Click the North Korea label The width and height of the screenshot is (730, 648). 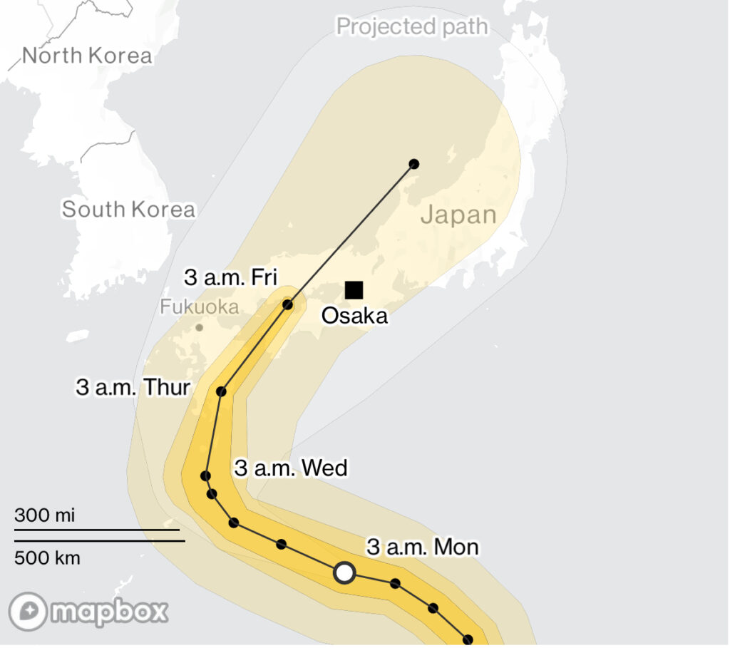tap(88, 56)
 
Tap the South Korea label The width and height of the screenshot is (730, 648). tap(128, 210)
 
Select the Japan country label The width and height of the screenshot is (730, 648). tap(458, 215)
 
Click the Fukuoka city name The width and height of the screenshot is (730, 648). tap(199, 307)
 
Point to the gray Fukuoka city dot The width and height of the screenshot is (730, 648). tap(199, 328)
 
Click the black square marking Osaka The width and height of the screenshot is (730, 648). tap(354, 289)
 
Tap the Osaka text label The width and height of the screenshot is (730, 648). tap(354, 316)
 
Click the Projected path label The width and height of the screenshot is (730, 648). tap(412, 27)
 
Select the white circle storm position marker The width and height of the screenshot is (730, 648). tap(344, 572)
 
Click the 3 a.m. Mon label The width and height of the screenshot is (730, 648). tap(422, 547)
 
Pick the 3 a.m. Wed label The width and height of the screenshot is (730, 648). tap(291, 468)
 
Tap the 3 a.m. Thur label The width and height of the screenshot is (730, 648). tap(133, 388)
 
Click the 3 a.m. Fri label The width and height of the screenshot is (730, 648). tap(230, 277)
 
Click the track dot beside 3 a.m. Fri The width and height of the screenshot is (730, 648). tap(288, 305)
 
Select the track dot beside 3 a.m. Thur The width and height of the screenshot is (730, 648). tap(221, 391)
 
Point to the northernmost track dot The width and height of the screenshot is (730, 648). tap(414, 164)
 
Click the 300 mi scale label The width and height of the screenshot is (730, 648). tap(44, 515)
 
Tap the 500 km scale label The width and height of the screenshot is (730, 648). tap(47, 557)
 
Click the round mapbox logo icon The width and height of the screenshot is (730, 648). tap(29, 612)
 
